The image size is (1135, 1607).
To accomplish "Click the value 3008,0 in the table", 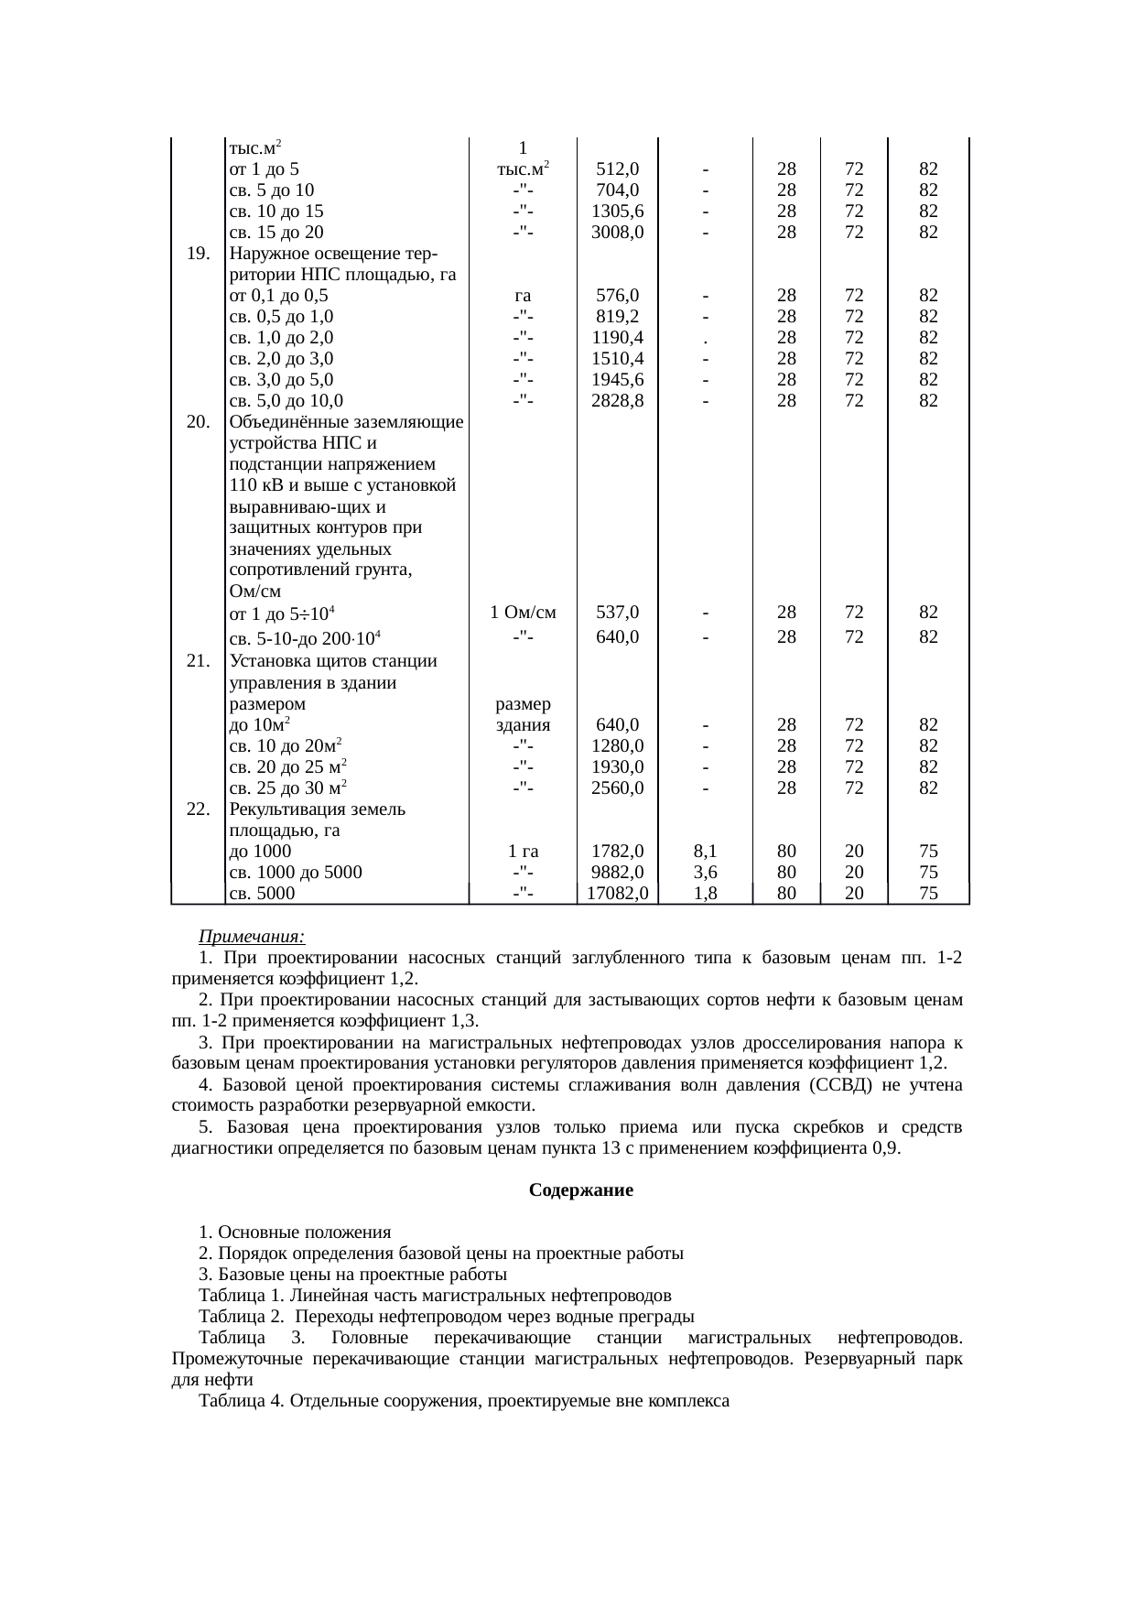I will pos(618,233).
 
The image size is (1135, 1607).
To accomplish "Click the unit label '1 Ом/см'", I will pos(523,612).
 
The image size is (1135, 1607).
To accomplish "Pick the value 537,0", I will pos(618,612).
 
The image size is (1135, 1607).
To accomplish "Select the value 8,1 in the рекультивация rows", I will pos(705,851).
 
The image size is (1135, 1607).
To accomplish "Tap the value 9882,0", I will pos(618,872).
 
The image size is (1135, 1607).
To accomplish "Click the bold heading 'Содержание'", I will pos(581,1191).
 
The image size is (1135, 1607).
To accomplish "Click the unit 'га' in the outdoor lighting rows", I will pos(523,296).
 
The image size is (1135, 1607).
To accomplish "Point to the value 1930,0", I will pos(618,766).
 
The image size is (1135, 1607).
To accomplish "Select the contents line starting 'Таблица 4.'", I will pos(463,1401).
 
